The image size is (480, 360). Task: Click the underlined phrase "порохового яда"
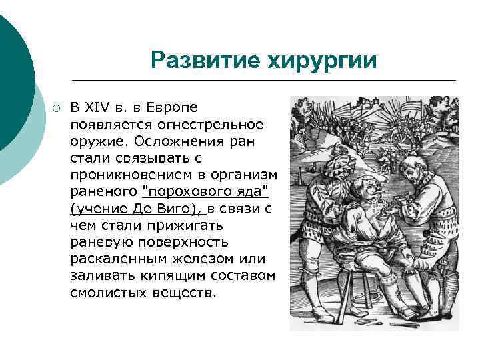[x=205, y=192]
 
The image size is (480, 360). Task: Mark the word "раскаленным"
[x=112, y=259]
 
